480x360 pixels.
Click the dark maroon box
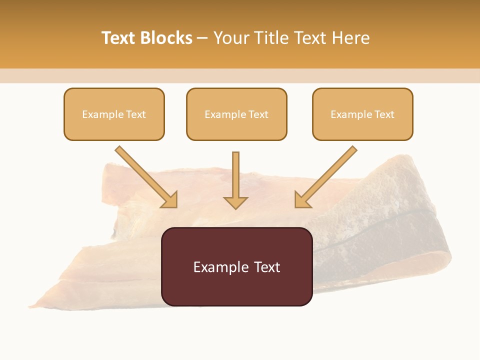point(236,290)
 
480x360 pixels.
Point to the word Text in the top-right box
point(384,114)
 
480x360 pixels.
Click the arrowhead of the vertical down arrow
point(235,202)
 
